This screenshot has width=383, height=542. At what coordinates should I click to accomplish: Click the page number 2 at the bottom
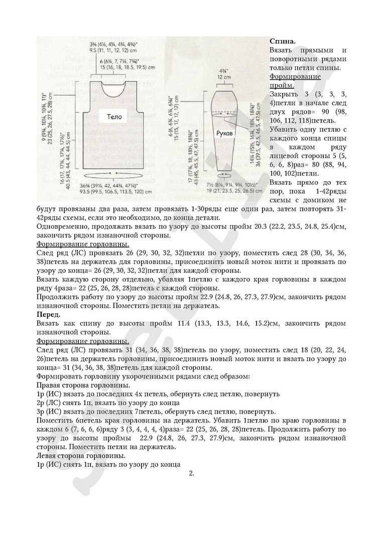click(x=191, y=473)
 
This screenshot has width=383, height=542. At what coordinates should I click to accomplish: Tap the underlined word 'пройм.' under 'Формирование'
click(x=283, y=86)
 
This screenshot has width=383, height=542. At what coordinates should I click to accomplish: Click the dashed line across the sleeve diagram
click(x=221, y=114)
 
